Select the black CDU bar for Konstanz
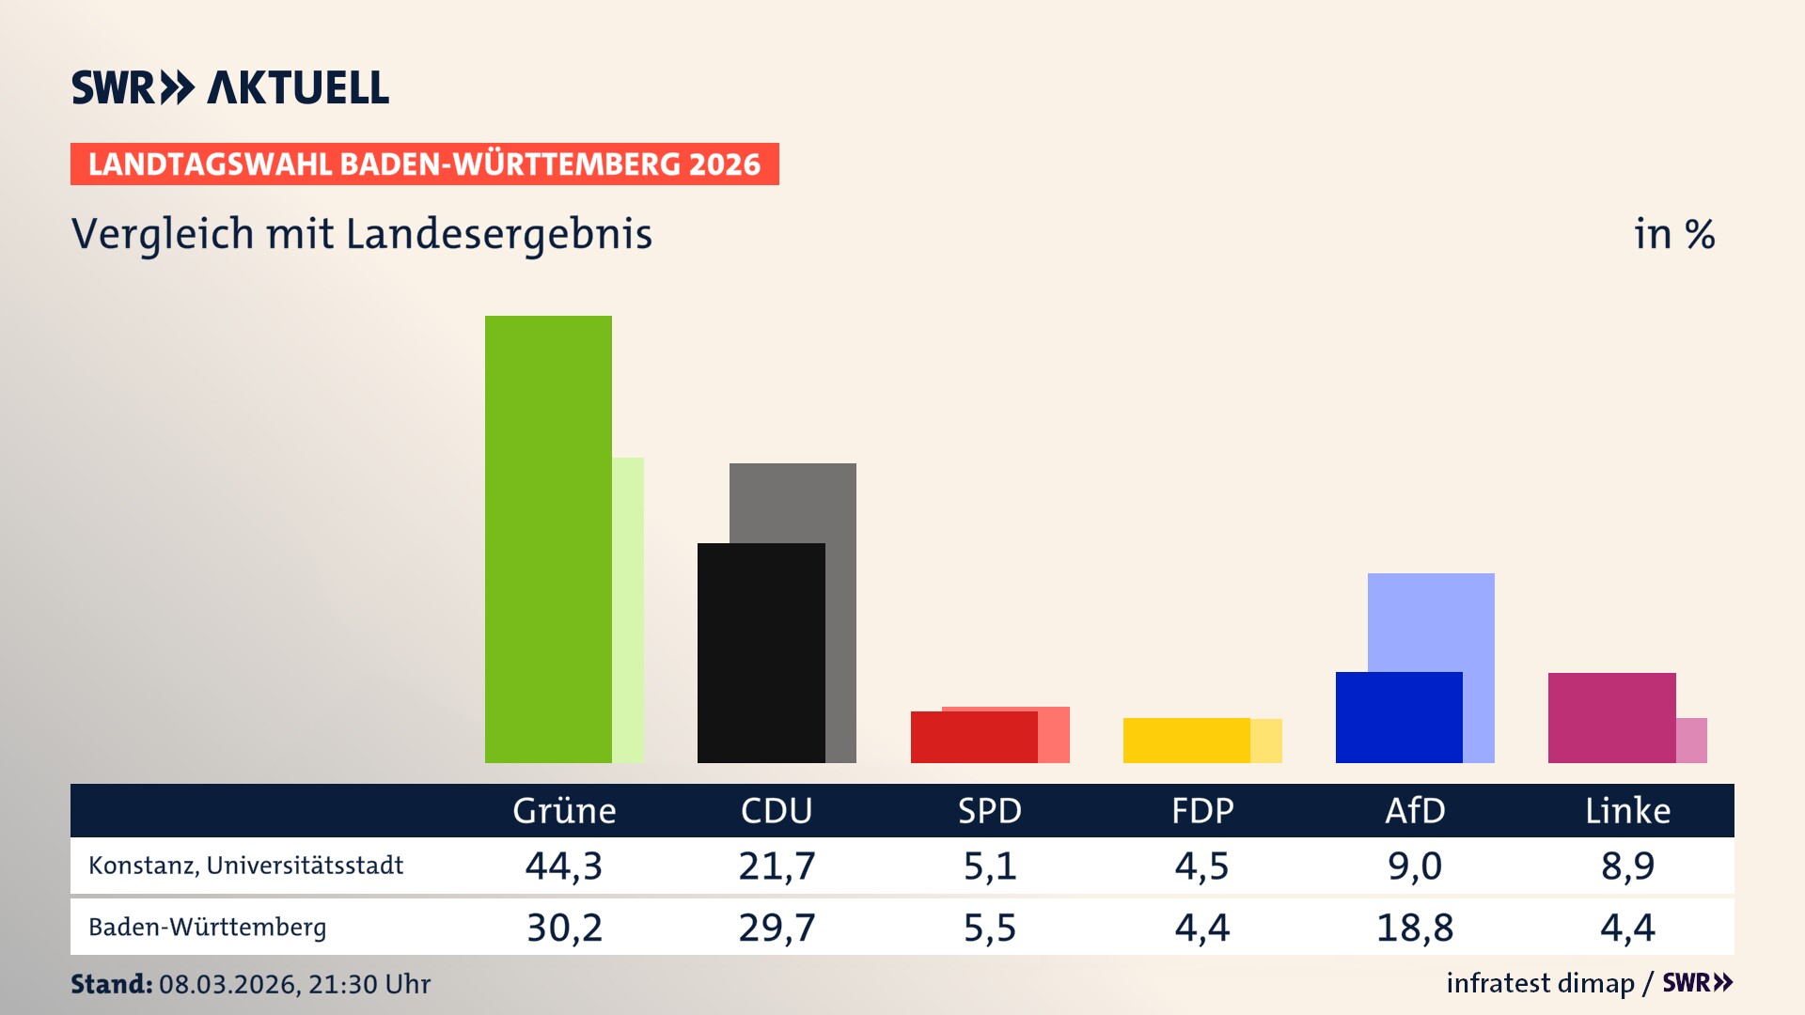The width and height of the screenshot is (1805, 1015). pos(761,653)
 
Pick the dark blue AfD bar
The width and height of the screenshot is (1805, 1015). pos(1399,717)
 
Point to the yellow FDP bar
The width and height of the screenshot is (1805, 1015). pos(1186,741)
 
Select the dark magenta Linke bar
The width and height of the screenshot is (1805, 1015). pos(1611,717)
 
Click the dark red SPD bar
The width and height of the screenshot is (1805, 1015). pos(973,738)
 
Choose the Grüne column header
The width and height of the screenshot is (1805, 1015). pos(564,811)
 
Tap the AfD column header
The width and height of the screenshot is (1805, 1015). pos(1415,811)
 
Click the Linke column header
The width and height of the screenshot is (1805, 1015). pos(1627,811)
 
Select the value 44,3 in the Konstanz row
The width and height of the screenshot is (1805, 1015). pos(564,866)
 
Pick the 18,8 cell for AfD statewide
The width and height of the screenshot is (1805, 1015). pos(1415,928)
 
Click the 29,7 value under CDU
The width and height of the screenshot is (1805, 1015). pos(777,928)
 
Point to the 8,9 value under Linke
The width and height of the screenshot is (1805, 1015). pos(1627,866)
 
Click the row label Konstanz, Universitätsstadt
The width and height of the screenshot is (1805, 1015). pos(245,866)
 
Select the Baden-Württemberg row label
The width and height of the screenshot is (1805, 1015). pos(207,928)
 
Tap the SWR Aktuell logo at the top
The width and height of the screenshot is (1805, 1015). pos(230,87)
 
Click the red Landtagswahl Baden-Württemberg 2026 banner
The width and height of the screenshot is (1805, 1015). pos(424,164)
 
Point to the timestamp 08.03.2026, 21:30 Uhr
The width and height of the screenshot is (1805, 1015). pos(294,984)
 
